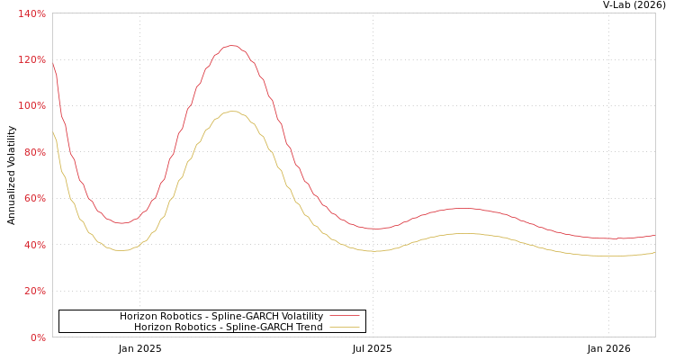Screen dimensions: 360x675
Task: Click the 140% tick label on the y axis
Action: pos(32,13)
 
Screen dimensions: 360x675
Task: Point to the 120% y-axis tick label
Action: pos(32,59)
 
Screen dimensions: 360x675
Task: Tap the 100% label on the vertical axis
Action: pos(32,105)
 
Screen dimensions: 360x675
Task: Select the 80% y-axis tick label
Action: pos(34,152)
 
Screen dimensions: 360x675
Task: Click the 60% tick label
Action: pos(34,198)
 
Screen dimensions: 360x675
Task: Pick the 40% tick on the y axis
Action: pos(34,245)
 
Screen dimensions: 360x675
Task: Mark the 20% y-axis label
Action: pos(34,291)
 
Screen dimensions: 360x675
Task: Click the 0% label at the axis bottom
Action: pos(37,337)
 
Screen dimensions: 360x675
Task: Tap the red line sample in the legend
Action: pos(345,316)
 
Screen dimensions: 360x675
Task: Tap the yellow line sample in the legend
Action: pos(345,327)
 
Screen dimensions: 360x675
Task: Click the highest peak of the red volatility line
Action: pos(231,45)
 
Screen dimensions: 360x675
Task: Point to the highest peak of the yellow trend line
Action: pos(231,112)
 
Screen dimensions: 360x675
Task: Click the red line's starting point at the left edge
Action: pos(53,63)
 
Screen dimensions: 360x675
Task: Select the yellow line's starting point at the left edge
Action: pos(53,132)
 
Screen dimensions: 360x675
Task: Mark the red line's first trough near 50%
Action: pos(121,223)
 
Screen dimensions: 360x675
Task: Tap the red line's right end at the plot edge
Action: pos(654,236)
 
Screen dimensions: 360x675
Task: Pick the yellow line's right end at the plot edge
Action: pos(654,253)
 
